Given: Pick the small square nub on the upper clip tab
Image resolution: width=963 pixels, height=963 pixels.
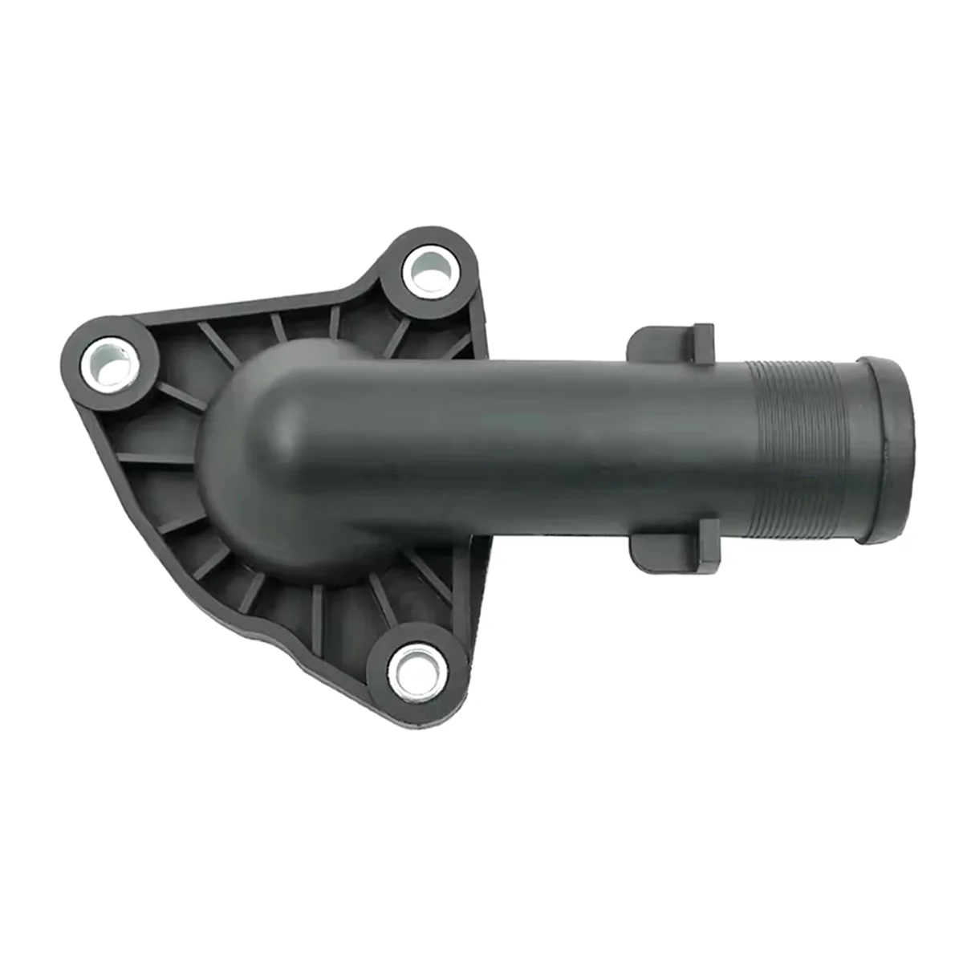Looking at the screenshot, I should coord(703,341).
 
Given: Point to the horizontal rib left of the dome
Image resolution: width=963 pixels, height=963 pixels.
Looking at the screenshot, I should coord(156,460).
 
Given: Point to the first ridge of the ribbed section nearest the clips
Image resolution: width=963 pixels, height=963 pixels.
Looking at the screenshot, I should coord(750,453).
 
